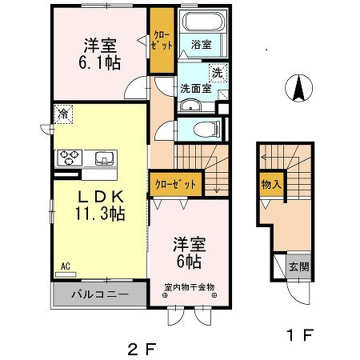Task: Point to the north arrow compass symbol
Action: (x=298, y=88)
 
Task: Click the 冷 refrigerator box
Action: (x=62, y=114)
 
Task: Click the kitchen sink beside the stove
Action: (x=104, y=157)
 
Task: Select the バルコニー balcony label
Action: (x=100, y=294)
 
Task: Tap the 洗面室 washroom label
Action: (x=194, y=88)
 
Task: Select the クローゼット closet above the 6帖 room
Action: (x=172, y=185)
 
